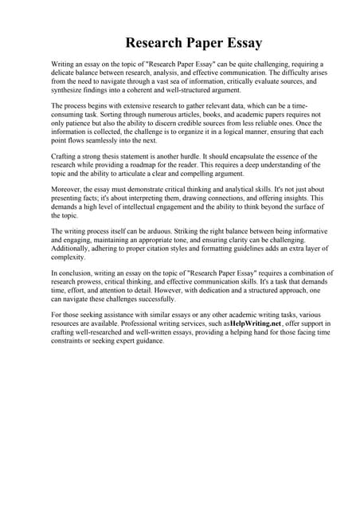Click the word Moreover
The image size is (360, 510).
[x=68, y=190]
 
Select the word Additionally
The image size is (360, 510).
[x=75, y=249]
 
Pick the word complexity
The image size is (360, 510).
[x=72, y=257]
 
